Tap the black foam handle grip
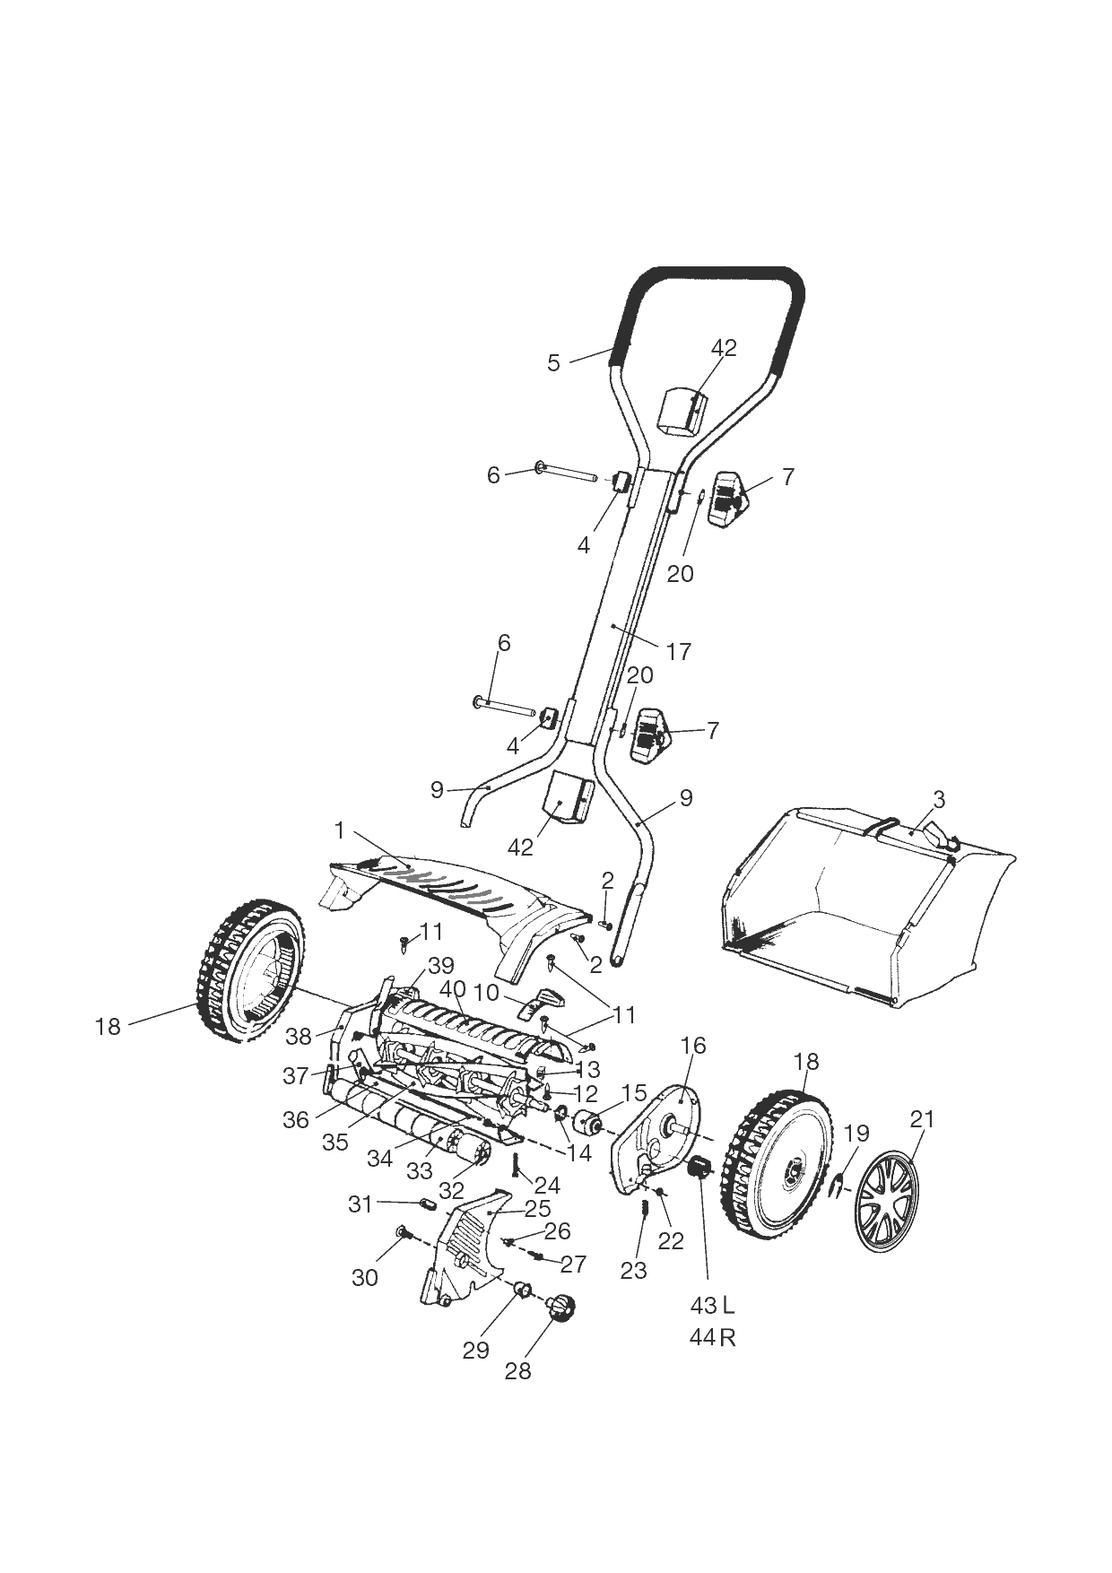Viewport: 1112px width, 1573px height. [717, 274]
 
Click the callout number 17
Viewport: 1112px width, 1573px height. [679, 651]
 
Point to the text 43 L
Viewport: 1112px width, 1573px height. [713, 1303]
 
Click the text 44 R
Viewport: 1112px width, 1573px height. [713, 1337]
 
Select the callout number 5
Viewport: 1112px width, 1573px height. [553, 363]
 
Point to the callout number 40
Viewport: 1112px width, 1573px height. [454, 989]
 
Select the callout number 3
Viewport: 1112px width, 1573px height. [939, 798]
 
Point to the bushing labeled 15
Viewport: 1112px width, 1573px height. [588, 1123]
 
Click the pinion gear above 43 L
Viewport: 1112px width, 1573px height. [699, 1169]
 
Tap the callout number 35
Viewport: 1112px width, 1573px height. [335, 1143]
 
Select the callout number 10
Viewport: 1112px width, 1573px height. [486, 993]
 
